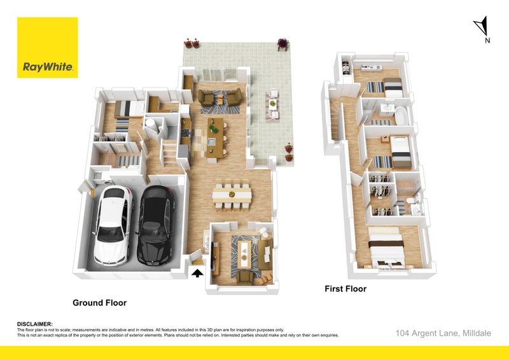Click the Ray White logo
47,48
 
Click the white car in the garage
113,225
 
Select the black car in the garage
156,225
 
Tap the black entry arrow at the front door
197,273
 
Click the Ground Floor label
100,303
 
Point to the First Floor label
345,289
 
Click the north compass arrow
482,26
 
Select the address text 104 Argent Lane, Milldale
443,333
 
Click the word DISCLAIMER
34,324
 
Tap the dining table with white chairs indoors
232,195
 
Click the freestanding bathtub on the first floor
401,116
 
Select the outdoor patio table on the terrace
273,104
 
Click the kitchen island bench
215,138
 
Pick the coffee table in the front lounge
244,254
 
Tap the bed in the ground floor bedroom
129,108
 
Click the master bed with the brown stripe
387,248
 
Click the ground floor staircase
169,153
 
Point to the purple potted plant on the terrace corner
282,43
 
